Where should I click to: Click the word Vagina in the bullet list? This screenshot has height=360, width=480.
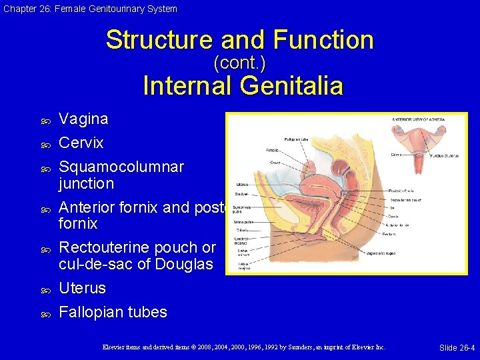pyautogui.click(x=83, y=119)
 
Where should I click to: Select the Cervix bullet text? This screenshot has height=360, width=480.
pyautogui.click(x=81, y=143)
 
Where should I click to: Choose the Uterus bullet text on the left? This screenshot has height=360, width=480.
pyautogui.click(x=82, y=288)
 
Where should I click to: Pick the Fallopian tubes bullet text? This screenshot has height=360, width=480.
pyautogui.click(x=113, y=312)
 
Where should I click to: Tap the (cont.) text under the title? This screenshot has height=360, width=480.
pyautogui.click(x=239, y=63)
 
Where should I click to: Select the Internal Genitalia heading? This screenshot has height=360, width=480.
pyautogui.click(x=243, y=86)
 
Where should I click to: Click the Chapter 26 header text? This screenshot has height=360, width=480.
pyautogui.click(x=89, y=9)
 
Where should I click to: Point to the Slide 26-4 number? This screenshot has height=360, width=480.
pyautogui.click(x=457, y=347)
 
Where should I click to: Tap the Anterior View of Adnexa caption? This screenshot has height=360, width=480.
pyautogui.click(x=418, y=120)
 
